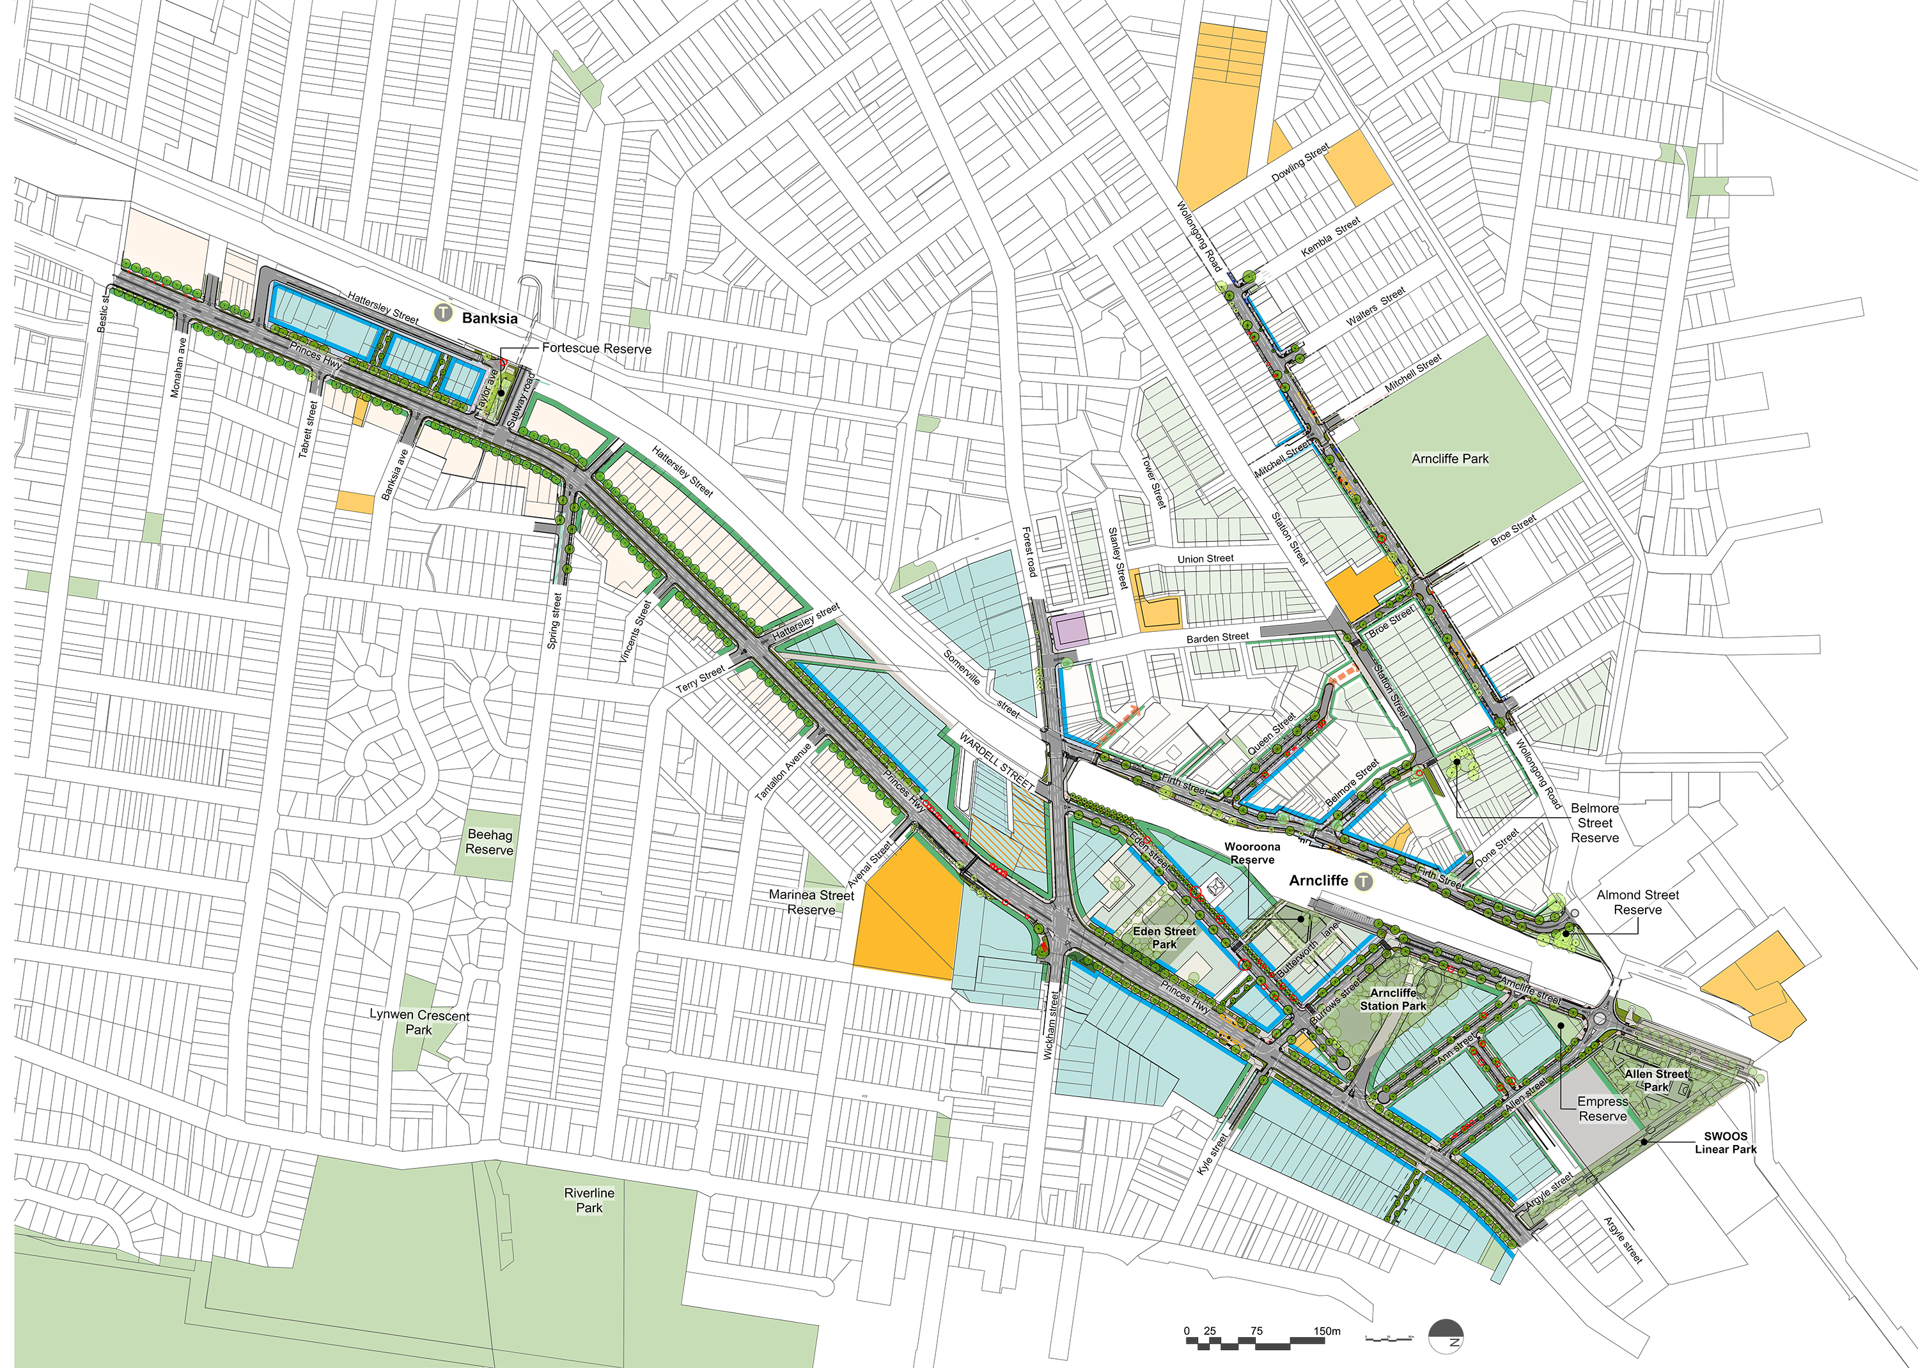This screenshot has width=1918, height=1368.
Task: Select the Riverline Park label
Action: [589, 1201]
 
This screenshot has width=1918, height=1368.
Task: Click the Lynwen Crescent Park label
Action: [419, 1022]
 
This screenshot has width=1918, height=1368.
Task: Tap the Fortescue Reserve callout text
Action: [596, 349]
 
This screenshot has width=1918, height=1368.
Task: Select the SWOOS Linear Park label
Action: [1725, 1142]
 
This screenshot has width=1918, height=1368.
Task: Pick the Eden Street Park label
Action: [1164, 937]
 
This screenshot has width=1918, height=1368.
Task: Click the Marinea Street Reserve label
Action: [811, 902]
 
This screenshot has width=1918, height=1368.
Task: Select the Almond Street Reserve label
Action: [1637, 902]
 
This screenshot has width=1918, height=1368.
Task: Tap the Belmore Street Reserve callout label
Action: [1594, 823]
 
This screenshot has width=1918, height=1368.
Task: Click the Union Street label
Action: [1205, 559]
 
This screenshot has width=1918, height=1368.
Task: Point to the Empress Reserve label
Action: [1602, 1109]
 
